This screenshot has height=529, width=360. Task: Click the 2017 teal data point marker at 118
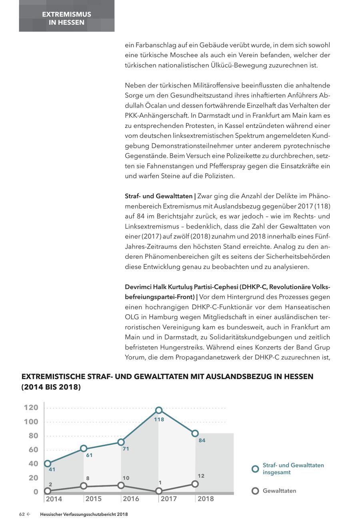[x=159, y=410]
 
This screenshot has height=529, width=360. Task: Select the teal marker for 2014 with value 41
[x=48, y=463]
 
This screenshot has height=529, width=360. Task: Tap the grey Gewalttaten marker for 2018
[x=195, y=484]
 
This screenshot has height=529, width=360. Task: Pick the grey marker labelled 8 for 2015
[x=84, y=486]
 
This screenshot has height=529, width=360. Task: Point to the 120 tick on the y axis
[x=31, y=407]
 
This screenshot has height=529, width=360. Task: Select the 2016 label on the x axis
[x=131, y=499]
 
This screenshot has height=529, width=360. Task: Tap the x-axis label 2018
[x=206, y=499]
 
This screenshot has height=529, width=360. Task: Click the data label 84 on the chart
[x=202, y=441]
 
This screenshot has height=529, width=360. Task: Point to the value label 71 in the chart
[x=126, y=449]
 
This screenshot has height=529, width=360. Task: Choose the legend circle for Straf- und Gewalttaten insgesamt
[x=255, y=469]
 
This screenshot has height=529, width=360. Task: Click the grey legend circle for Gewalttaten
[x=255, y=491]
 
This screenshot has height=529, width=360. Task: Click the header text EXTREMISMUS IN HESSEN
[x=66, y=18]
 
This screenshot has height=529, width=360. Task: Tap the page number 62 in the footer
[x=22, y=515]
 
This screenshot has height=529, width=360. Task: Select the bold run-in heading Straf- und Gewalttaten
[x=159, y=196]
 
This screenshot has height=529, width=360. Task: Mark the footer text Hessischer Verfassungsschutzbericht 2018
[x=84, y=515]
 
